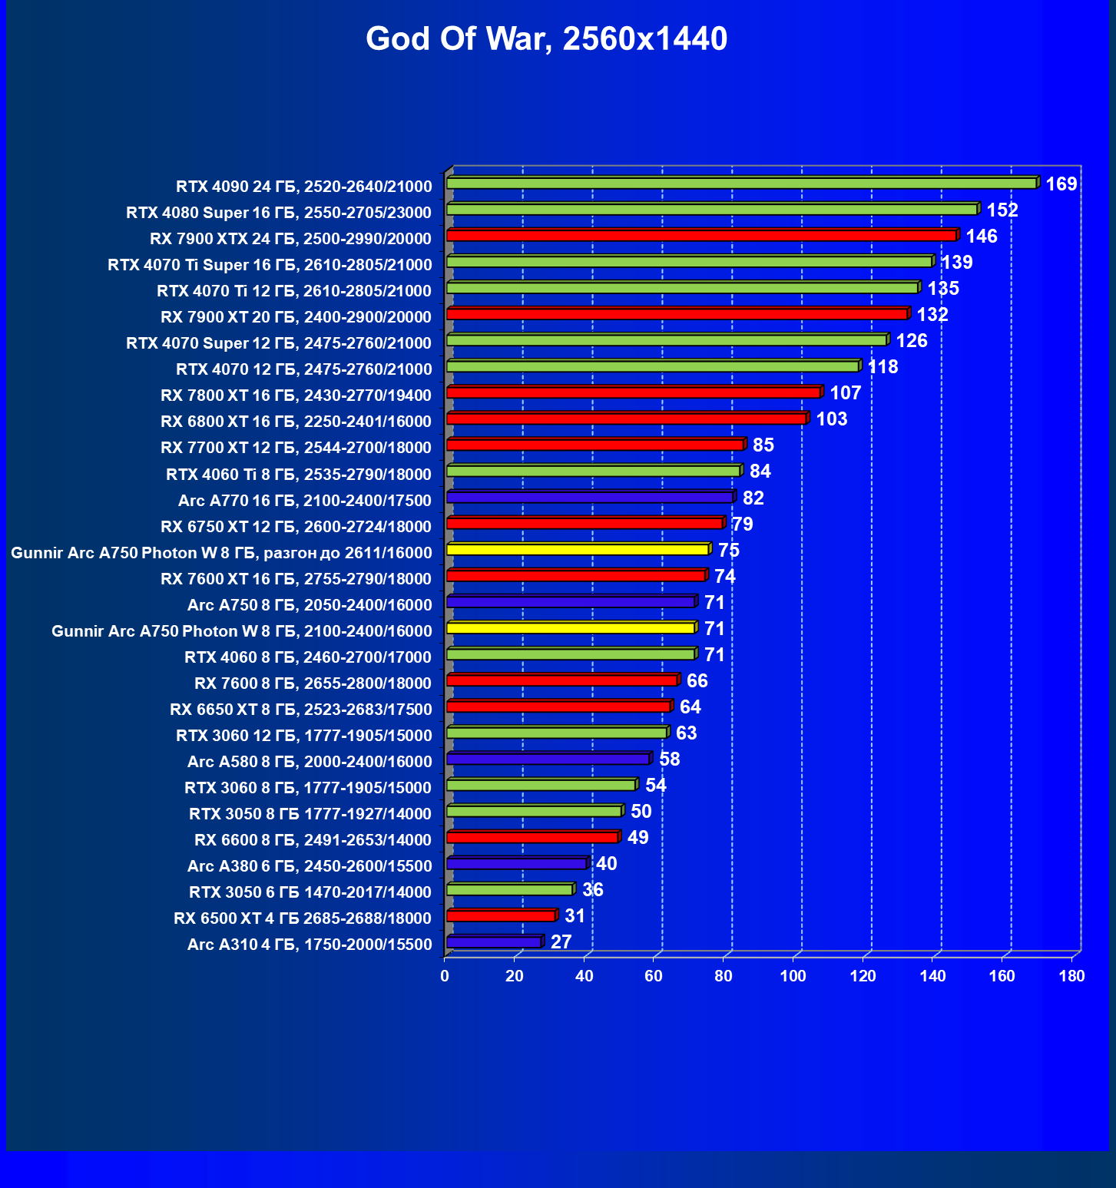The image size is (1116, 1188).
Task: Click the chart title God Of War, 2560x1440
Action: [546, 38]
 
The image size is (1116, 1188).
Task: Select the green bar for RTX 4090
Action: [741, 184]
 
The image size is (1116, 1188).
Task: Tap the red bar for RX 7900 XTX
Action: [700, 236]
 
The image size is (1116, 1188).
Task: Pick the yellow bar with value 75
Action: [577, 550]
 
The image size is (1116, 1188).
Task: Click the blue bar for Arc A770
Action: [589, 498]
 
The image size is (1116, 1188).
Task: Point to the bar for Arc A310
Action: [494, 942]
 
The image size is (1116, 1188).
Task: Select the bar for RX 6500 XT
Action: [500, 916]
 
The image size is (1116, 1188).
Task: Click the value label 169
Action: [1061, 184]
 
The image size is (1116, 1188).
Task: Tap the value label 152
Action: [1002, 210]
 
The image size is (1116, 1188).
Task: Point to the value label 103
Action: [832, 419]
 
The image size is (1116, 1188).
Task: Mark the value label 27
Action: [561, 942]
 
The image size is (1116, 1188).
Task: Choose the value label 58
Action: [670, 759]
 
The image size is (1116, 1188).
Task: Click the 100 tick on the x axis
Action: [793, 976]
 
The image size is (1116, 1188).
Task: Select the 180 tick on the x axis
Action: [1072, 976]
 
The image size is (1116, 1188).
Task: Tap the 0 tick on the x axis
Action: [445, 976]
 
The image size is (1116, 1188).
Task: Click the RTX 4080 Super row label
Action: [279, 213]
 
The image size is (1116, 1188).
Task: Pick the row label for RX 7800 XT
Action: [296, 395]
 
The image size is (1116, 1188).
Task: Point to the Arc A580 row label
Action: [310, 762]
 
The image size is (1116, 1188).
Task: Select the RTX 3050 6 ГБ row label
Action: [310, 892]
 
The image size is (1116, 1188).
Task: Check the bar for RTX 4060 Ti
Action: [593, 472]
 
